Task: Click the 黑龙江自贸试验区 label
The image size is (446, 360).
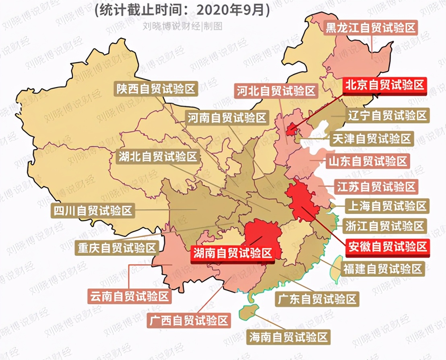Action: tap(371, 28)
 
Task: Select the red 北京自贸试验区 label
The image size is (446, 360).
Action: tap(384, 85)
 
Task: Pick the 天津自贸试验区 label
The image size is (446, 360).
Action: tap(372, 139)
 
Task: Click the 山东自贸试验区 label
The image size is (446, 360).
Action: tap(368, 161)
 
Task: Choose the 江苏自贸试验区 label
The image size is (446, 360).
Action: tap(375, 187)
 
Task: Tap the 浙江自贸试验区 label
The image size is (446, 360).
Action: tap(385, 226)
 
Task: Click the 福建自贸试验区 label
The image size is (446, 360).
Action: tap(382, 268)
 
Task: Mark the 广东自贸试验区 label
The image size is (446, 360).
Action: tap(317, 299)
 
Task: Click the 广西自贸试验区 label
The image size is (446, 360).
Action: tap(189, 321)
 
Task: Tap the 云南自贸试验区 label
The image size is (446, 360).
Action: tap(129, 297)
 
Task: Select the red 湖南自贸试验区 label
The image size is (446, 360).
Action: tap(233, 253)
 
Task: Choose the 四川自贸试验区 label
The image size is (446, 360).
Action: tap(93, 210)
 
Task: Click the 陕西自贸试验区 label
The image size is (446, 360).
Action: tap(156, 89)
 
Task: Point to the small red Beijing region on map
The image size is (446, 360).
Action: tap(291, 130)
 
